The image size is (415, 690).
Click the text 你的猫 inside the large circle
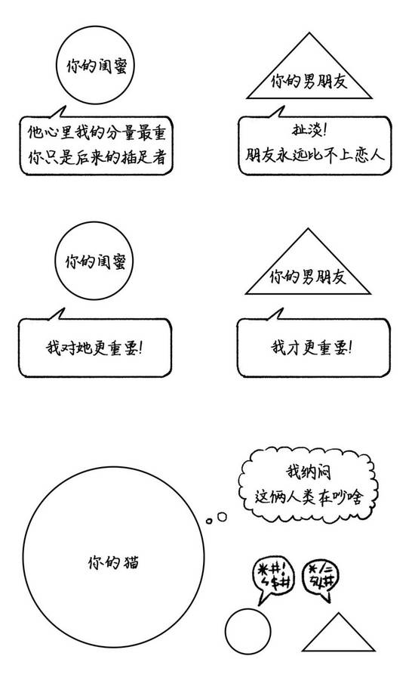coord(113,562)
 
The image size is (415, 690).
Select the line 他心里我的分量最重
coord(97,132)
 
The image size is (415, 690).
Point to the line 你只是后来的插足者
coord(97,156)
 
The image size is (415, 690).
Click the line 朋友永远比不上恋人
coord(315,154)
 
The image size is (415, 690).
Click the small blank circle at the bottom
coord(247,631)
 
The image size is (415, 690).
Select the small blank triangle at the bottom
coord(339,632)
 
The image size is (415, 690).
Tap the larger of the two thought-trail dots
coord(222,516)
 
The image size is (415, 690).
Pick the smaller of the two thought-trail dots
coord(209,521)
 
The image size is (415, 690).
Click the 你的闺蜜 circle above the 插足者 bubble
coord(95,65)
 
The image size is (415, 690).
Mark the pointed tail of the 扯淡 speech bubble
coord(283,107)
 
